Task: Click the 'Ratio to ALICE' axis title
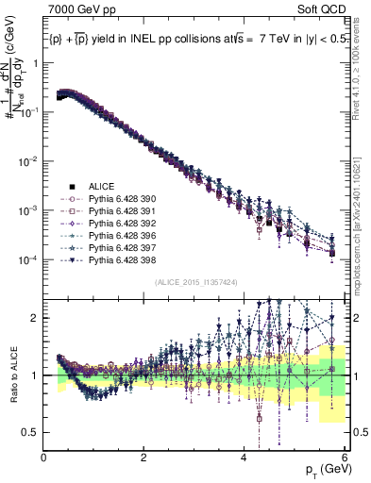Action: click(14, 375)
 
